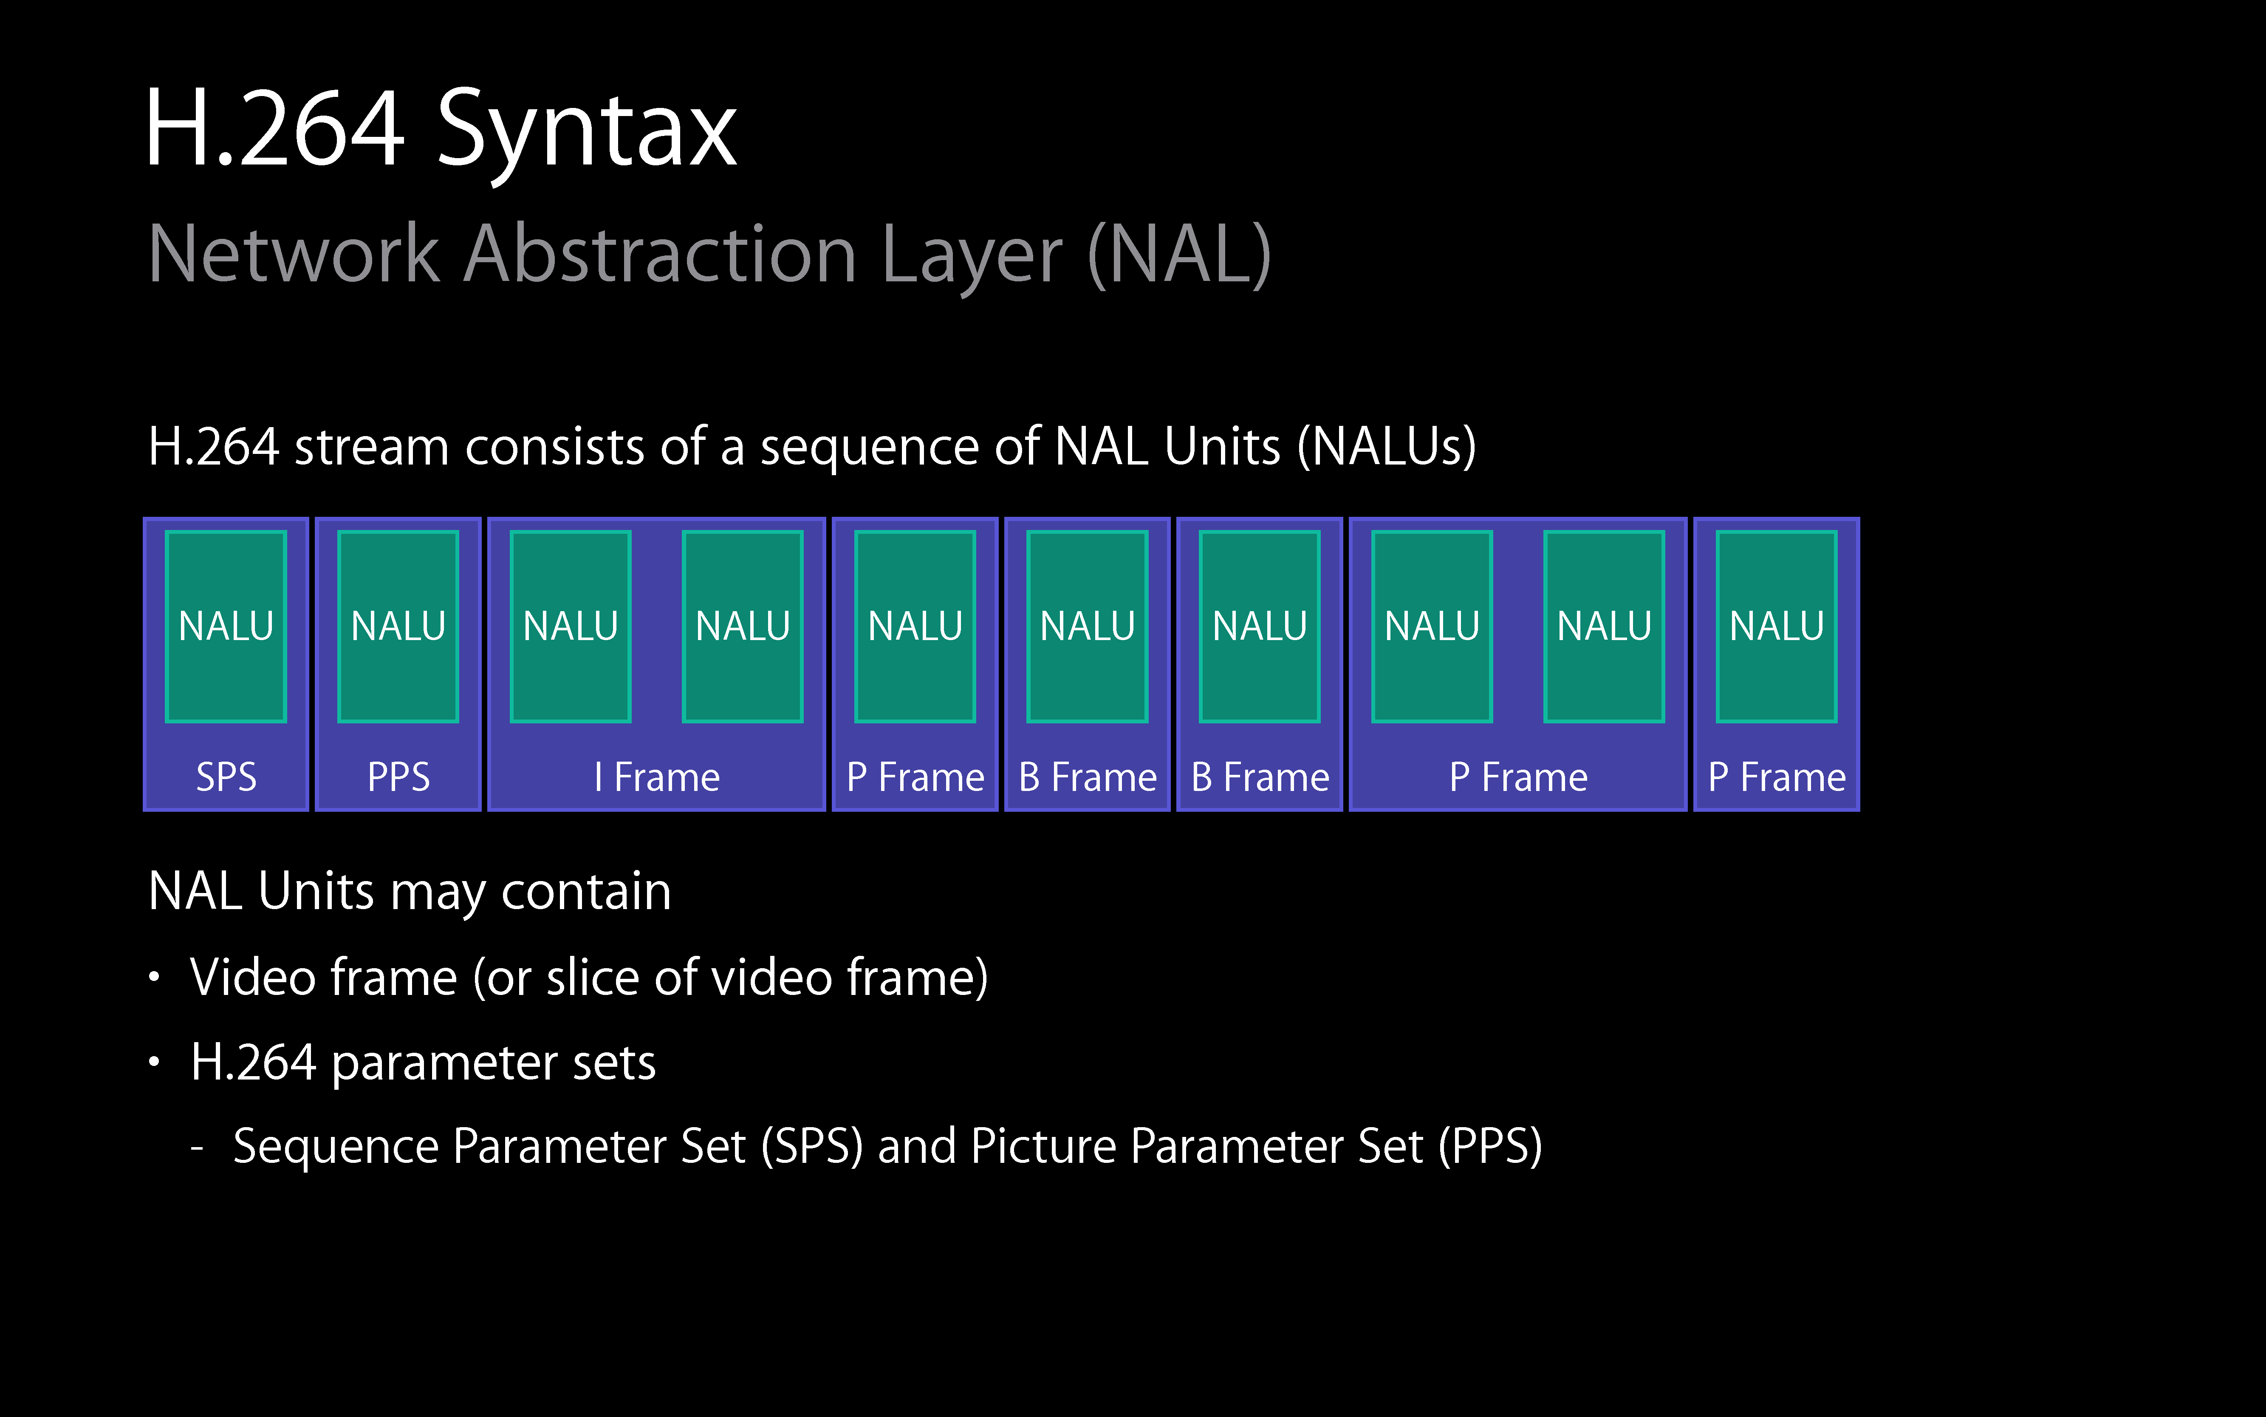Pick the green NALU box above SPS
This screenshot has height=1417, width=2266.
tap(226, 626)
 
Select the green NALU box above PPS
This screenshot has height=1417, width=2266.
tap(398, 626)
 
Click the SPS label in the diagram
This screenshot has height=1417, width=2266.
tap(226, 777)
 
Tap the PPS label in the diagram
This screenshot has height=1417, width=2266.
tap(398, 777)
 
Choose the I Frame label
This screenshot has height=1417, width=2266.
tap(657, 777)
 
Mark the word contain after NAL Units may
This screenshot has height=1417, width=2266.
tap(586, 891)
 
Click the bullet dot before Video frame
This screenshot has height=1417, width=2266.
tap(155, 978)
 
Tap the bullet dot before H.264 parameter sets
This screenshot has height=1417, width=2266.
tap(155, 1062)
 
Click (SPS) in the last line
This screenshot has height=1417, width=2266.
tap(811, 1146)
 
